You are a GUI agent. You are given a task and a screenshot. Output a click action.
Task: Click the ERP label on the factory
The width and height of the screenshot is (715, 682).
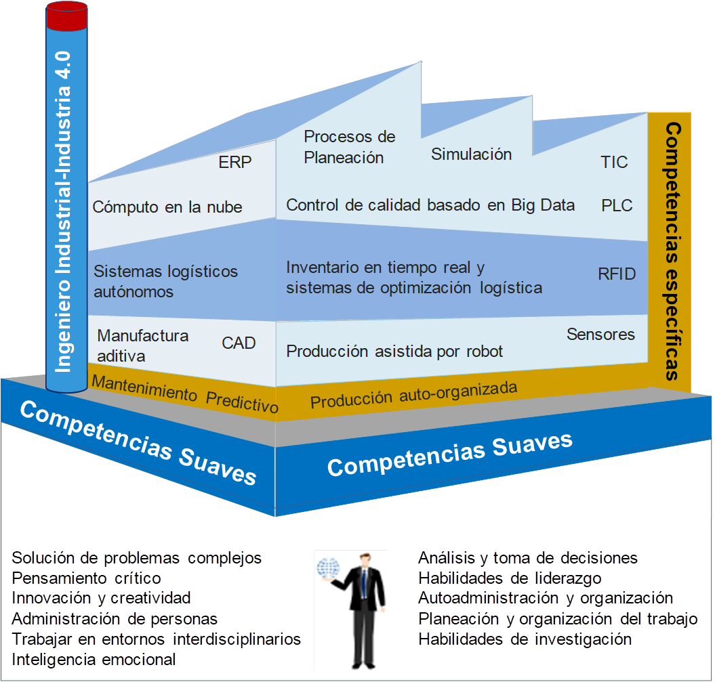point(235,163)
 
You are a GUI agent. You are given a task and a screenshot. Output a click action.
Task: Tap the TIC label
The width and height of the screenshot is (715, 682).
point(614,163)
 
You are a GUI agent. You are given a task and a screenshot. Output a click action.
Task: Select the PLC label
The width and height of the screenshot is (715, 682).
point(617,205)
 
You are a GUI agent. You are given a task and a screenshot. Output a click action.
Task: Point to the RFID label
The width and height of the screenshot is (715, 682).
point(617,274)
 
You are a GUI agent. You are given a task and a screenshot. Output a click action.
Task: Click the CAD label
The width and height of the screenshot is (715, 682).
point(239,343)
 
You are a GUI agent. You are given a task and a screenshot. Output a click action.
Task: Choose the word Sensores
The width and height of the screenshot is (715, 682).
point(600,334)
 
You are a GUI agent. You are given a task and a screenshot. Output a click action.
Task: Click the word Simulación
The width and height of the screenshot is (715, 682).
point(471,154)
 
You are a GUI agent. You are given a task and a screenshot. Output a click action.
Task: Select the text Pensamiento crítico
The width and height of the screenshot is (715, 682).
point(87,578)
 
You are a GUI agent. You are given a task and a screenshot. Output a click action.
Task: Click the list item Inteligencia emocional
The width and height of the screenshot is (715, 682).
point(94,659)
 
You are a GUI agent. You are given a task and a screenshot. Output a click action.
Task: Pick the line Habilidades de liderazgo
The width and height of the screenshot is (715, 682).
point(510,578)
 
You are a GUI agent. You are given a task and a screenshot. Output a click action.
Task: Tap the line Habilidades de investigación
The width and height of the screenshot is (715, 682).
point(525,639)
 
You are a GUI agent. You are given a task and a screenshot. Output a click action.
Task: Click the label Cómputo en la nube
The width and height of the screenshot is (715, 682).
point(167,207)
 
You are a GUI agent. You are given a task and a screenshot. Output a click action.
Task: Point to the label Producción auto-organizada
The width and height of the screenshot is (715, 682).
point(413,395)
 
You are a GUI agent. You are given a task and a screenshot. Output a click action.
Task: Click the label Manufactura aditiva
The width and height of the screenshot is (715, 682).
point(143,345)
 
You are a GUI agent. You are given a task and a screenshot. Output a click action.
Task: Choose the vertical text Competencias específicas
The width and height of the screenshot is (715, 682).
point(672,251)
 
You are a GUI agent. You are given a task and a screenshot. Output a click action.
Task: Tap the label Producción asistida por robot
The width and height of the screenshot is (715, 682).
point(394,351)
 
